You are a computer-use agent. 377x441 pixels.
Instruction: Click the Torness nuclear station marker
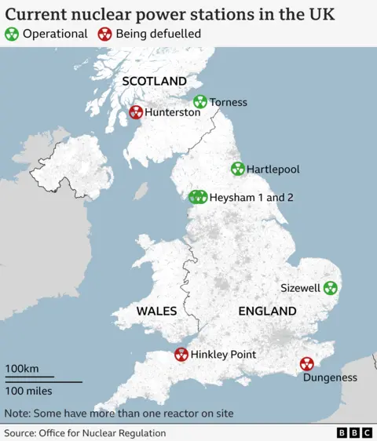[x=200, y=102]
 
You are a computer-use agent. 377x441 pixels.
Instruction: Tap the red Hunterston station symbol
[x=136, y=112]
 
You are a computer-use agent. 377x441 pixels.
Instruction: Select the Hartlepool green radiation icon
[x=237, y=169]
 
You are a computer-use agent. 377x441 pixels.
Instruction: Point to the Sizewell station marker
[x=330, y=288]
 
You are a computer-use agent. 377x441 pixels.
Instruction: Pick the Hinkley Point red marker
[x=181, y=355]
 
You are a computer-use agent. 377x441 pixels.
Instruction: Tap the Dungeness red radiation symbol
[x=306, y=364]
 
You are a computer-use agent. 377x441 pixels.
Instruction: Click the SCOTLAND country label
[x=154, y=82]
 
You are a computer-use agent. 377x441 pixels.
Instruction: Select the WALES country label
[x=156, y=312]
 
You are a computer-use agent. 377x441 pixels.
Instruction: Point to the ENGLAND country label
[x=267, y=312]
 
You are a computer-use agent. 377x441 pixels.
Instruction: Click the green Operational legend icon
[x=12, y=34]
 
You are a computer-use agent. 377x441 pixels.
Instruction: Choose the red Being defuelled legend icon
[x=104, y=34]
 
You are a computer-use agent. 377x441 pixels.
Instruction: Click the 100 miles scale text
[x=29, y=391]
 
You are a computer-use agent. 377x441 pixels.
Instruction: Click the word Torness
[x=229, y=102]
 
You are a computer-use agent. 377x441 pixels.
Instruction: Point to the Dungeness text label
[x=331, y=377]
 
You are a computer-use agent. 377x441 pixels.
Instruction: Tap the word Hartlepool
[x=273, y=169]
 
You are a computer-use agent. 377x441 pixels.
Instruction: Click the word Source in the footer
[x=21, y=433]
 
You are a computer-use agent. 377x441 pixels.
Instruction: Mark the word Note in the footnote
[x=17, y=413]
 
